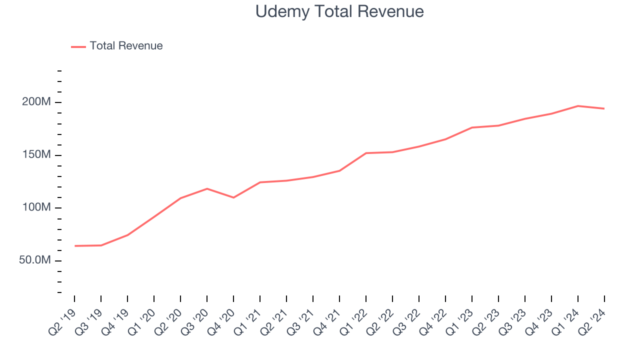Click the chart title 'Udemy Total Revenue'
point(339,11)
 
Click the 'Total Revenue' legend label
point(126,46)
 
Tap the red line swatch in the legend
point(78,46)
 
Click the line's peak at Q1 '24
point(578,106)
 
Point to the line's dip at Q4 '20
point(233,197)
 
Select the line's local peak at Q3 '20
point(207,188)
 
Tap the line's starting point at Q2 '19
point(75,246)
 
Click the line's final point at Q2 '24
point(604,108)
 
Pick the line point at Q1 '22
point(366,153)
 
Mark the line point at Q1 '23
point(472,127)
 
